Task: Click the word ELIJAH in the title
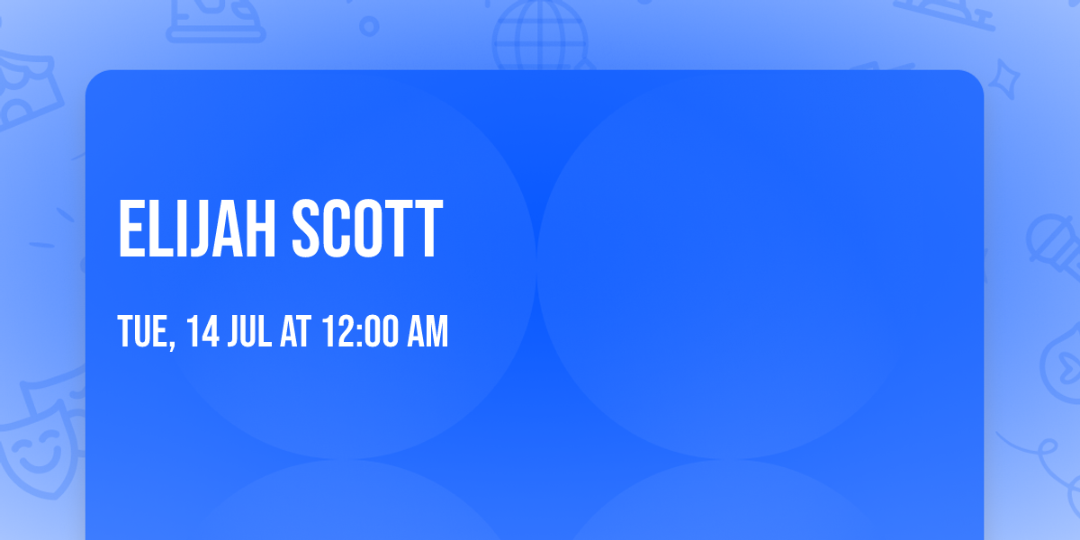click(198, 229)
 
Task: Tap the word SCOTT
click(367, 229)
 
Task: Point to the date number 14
click(203, 332)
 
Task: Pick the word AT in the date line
click(295, 332)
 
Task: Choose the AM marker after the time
click(427, 332)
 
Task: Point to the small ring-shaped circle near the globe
click(369, 26)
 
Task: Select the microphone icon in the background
click(1053, 243)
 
